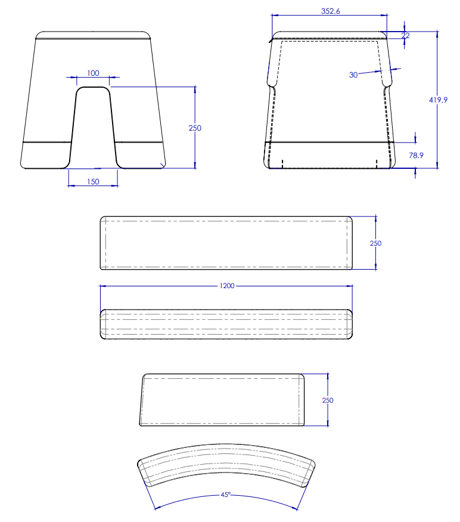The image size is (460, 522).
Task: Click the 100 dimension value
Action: tap(93, 73)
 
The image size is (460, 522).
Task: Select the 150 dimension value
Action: tap(93, 181)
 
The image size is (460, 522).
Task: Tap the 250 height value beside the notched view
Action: tap(195, 128)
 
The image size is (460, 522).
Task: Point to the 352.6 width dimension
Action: tap(331, 11)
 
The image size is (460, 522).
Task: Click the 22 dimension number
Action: tap(405, 35)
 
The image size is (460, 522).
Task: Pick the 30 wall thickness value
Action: tap(353, 75)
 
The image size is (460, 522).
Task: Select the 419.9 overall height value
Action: tap(438, 100)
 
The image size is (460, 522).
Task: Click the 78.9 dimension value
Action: tap(416, 155)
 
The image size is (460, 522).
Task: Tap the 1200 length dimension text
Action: tap(227, 286)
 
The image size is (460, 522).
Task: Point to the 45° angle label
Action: tap(225, 495)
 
